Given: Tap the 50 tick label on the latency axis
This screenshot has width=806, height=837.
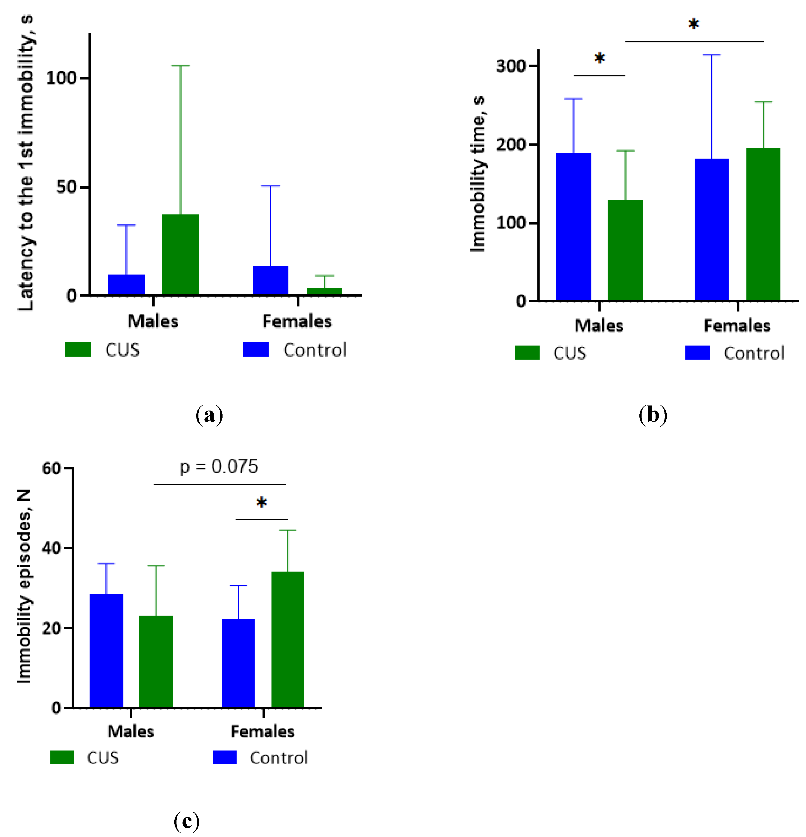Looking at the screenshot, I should (x=66, y=187).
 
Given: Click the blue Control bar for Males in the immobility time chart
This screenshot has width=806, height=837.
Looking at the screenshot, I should (x=574, y=226).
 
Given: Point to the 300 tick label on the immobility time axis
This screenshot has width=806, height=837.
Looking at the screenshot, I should (x=511, y=66).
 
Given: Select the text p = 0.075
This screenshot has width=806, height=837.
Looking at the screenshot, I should (x=219, y=466).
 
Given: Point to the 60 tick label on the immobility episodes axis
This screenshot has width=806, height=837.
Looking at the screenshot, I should (x=52, y=468).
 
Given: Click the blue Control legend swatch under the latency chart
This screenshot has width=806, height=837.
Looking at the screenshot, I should (x=256, y=349).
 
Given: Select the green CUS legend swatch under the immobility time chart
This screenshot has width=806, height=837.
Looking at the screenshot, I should (x=527, y=353).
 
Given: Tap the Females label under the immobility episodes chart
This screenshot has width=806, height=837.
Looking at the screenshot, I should (x=262, y=731).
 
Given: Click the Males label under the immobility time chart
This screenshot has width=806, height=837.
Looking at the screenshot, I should (x=599, y=326).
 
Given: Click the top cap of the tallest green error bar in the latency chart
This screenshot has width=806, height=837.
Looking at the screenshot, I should (x=180, y=66).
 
